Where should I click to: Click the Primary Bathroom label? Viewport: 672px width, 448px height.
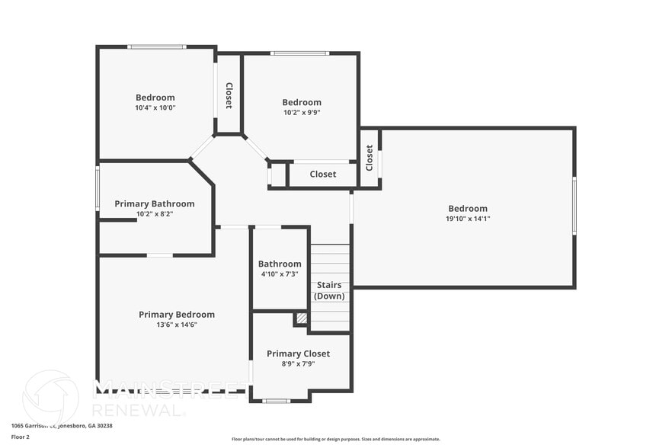pyautogui.click(x=155, y=203)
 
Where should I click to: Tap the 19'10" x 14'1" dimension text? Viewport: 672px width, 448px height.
pyautogui.click(x=467, y=219)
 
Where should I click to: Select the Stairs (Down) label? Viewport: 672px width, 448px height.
pyautogui.click(x=329, y=290)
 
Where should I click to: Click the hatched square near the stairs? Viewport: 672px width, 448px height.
pyautogui.click(x=302, y=318)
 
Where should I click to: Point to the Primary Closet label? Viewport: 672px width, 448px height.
pyautogui.click(x=298, y=354)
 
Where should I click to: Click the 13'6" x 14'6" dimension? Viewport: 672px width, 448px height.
pyautogui.click(x=176, y=325)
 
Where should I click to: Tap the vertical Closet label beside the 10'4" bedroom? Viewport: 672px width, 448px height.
pyautogui.click(x=229, y=95)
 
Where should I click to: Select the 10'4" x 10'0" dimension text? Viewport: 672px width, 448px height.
pyautogui.click(x=155, y=107)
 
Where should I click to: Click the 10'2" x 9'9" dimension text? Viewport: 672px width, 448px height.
pyautogui.click(x=302, y=112)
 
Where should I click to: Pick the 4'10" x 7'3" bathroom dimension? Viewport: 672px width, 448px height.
pyautogui.click(x=279, y=274)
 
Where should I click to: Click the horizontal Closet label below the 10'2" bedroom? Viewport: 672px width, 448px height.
pyautogui.click(x=322, y=174)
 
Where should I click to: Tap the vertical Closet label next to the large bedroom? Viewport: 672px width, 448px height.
pyautogui.click(x=370, y=158)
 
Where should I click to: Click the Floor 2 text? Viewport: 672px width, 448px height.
pyautogui.click(x=20, y=437)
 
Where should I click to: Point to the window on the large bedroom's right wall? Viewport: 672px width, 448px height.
pyautogui.click(x=574, y=205)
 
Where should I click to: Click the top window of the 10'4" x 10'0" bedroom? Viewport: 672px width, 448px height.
pyautogui.click(x=156, y=47)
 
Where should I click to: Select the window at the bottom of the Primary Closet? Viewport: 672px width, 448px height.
pyautogui.click(x=276, y=400)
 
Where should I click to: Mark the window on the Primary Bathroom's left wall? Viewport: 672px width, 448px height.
pyautogui.click(x=98, y=187)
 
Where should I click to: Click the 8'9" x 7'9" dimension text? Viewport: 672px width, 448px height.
pyautogui.click(x=298, y=363)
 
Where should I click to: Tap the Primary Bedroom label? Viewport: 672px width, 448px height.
pyautogui.click(x=176, y=315)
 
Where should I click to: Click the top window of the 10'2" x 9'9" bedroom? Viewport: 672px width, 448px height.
pyautogui.click(x=299, y=53)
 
